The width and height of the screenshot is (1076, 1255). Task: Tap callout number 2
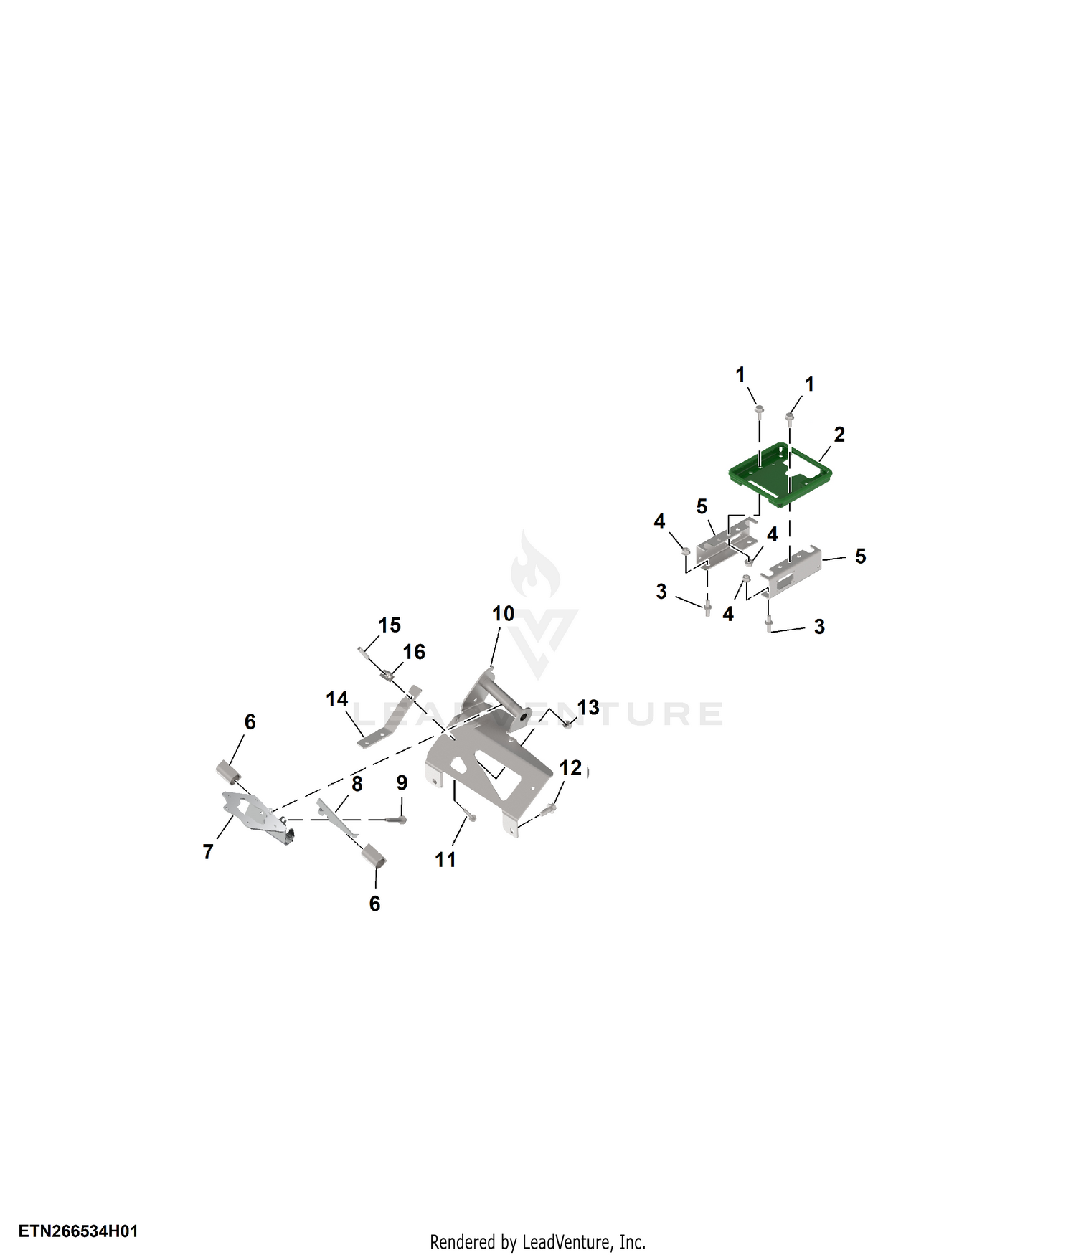839,435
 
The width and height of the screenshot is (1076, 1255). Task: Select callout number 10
503,614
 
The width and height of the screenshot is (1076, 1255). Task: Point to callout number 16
414,652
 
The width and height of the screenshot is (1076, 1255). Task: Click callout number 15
390,625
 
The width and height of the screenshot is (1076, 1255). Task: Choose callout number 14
337,699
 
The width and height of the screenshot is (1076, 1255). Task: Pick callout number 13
588,708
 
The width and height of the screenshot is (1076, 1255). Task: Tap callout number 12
570,768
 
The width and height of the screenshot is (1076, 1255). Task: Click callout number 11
445,860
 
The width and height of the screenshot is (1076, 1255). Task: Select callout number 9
402,783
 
